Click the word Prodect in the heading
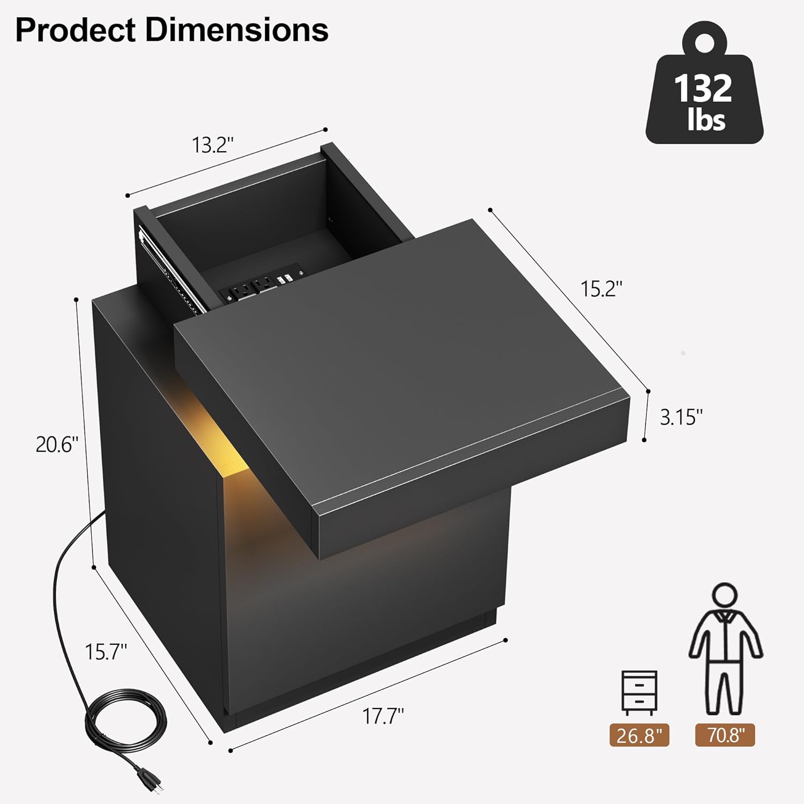(76, 30)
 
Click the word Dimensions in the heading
(236, 30)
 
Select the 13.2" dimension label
(213, 145)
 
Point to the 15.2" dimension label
(601, 289)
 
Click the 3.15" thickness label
(681, 417)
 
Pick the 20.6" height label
(57, 444)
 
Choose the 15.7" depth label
(106, 651)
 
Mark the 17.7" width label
(383, 716)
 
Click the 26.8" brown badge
(639, 735)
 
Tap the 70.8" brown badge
(725, 735)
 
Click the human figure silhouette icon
(725, 649)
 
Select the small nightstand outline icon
(639, 692)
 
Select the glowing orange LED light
(225, 440)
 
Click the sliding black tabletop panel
(407, 364)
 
